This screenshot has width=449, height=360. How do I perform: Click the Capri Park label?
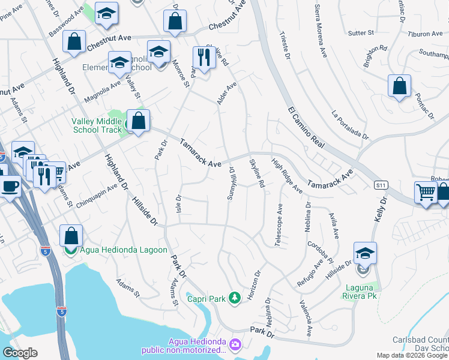point(206,298)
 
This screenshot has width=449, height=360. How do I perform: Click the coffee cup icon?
point(10,187)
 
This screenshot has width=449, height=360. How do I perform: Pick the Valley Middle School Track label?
point(96,125)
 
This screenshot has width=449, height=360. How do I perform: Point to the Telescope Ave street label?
point(279,225)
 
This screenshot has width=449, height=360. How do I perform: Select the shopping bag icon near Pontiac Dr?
point(399,86)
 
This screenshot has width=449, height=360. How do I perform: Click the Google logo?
point(20,353)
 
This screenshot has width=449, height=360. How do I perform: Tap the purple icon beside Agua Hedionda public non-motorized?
point(235,344)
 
